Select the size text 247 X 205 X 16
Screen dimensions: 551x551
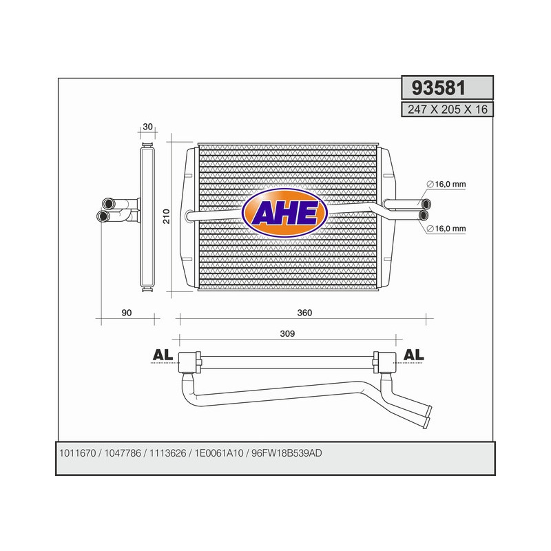click(x=447, y=109)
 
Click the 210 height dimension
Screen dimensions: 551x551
click(x=165, y=216)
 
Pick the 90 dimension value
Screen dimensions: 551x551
click(x=126, y=313)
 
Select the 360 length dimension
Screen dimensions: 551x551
click(x=305, y=313)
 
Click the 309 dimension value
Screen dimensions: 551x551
click(x=287, y=334)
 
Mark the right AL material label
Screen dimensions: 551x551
click(x=414, y=355)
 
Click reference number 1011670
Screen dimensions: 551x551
click(x=78, y=453)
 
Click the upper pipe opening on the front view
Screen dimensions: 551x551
click(x=426, y=203)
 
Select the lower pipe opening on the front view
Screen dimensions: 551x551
click(x=425, y=215)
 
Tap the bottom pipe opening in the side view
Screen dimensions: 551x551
click(x=103, y=216)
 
